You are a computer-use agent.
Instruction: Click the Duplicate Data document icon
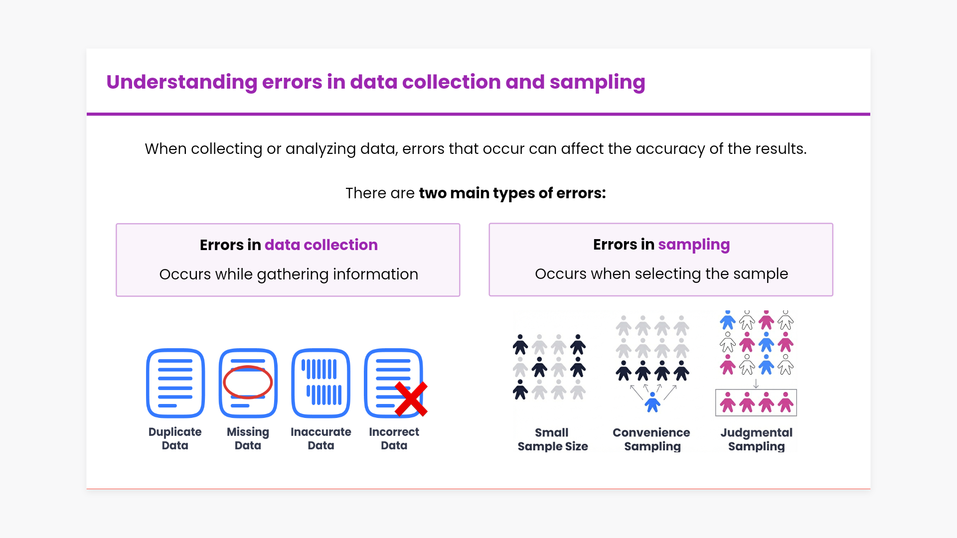pyautogui.click(x=175, y=383)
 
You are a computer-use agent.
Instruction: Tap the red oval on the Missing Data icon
pyautogui.click(x=248, y=382)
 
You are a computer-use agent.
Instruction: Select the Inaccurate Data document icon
pyautogui.click(x=321, y=383)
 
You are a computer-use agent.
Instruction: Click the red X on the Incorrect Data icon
pyautogui.click(x=411, y=399)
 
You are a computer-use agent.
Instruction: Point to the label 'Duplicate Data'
pyautogui.click(x=175, y=438)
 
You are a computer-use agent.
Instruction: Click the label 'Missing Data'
pyautogui.click(x=248, y=438)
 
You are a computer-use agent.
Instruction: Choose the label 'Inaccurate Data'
pyautogui.click(x=321, y=438)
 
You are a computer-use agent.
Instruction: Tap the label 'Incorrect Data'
pyautogui.click(x=394, y=438)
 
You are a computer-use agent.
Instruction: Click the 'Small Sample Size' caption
pyautogui.click(x=552, y=439)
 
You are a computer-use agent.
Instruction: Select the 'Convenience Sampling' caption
pyautogui.click(x=651, y=439)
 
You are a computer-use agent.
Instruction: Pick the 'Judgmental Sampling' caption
pyautogui.click(x=756, y=439)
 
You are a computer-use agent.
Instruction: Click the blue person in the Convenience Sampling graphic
pyautogui.click(x=652, y=402)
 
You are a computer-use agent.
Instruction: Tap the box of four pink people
pyautogui.click(x=756, y=403)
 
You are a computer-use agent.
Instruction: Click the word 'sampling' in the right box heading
pyautogui.click(x=694, y=245)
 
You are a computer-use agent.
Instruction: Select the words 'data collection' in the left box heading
pyautogui.click(x=321, y=245)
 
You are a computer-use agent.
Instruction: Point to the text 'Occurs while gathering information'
pyautogui.click(x=289, y=274)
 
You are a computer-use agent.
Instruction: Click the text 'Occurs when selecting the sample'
pyautogui.click(x=661, y=274)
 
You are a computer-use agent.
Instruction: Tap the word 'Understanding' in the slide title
pyautogui.click(x=181, y=82)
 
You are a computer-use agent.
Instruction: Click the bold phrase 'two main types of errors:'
pyautogui.click(x=512, y=193)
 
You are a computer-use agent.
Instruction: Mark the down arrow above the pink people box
pyautogui.click(x=756, y=384)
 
